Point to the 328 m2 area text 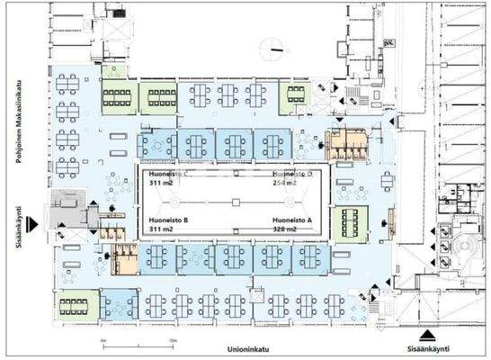[289, 230]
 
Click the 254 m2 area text [287, 182]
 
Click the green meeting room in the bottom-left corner [76, 305]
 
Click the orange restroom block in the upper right [346, 143]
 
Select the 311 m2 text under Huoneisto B [161, 230]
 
